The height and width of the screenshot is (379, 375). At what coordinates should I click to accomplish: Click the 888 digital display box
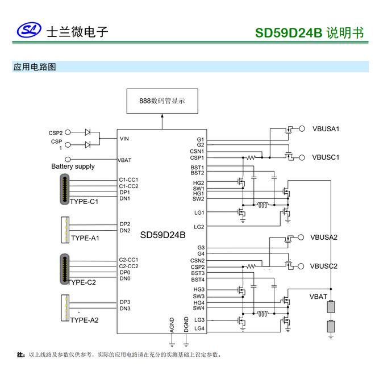162,101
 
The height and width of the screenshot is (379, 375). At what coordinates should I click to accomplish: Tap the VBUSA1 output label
326,128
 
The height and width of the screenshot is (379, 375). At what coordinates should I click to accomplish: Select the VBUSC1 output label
326,157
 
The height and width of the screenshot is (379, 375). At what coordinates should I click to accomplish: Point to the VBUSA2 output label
324,237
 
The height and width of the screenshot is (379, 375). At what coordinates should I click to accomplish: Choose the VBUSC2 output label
324,265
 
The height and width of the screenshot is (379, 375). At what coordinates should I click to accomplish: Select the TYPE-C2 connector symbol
65,268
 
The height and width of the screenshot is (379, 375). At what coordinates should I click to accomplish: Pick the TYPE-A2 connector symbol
65,307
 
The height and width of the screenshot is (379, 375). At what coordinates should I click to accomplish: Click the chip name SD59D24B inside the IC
163,235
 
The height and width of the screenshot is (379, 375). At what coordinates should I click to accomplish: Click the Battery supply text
73,166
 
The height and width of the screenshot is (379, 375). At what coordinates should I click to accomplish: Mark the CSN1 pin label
197,151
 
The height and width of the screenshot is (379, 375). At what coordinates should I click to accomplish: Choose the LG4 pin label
199,328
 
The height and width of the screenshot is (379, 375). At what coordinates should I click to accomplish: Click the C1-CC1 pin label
129,180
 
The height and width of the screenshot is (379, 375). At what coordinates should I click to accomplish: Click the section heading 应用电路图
35,67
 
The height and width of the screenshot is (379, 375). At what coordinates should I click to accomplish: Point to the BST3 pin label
198,273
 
